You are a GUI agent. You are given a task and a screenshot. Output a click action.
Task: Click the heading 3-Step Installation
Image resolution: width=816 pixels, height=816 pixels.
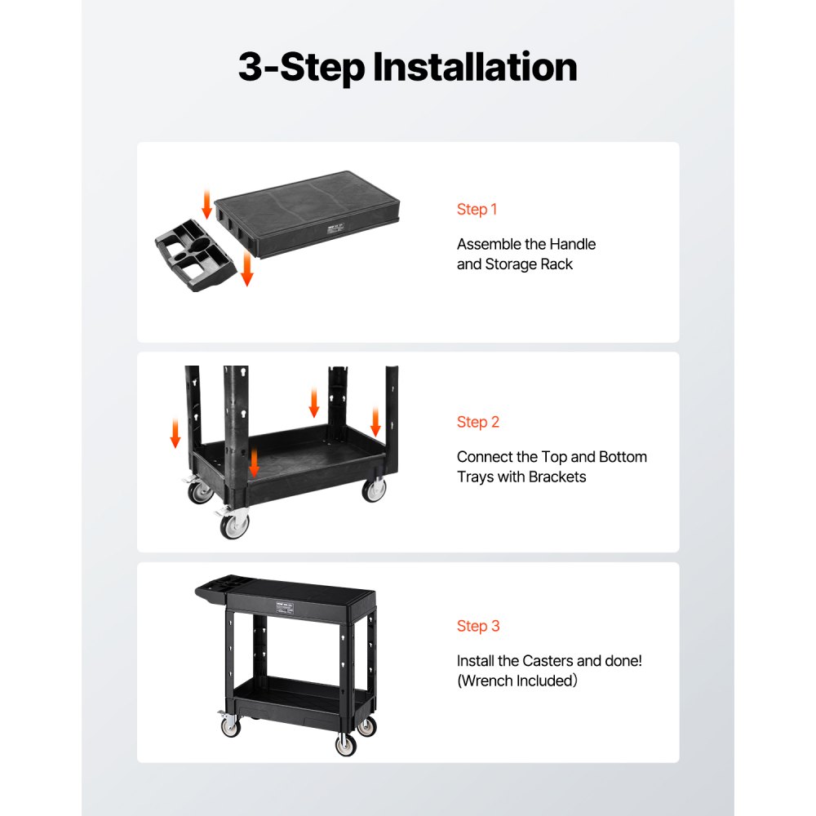click(x=407, y=67)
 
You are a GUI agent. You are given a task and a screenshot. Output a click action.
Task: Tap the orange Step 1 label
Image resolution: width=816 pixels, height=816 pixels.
click(x=477, y=210)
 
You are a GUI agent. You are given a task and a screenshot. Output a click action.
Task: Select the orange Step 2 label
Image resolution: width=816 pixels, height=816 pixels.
click(x=477, y=422)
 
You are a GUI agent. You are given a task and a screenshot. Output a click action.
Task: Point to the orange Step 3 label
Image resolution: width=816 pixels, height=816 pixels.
click(x=477, y=626)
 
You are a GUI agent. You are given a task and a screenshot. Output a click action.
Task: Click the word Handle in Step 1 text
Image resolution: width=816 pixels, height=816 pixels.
click(x=572, y=244)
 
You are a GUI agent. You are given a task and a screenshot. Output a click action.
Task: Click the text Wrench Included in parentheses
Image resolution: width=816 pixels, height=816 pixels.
click(x=517, y=681)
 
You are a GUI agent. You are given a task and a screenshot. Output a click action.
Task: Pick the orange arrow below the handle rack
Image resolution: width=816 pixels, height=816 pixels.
click(x=246, y=269)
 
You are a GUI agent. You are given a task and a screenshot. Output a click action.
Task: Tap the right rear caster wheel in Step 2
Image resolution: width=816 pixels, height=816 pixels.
click(x=374, y=490)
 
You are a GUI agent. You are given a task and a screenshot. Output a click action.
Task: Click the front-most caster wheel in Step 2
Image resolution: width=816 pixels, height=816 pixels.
click(x=235, y=525)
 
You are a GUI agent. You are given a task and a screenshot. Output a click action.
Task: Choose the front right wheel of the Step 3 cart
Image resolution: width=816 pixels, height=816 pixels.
click(x=346, y=743)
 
